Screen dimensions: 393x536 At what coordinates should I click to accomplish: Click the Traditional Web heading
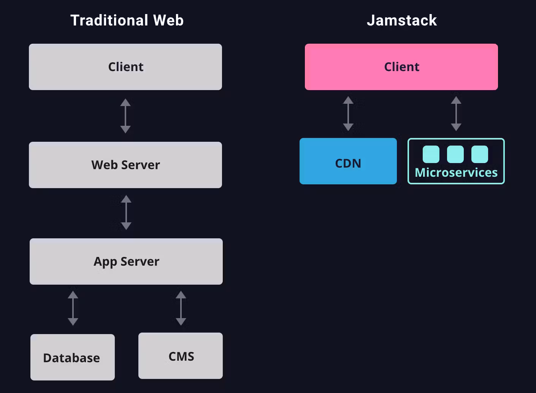[x=127, y=21]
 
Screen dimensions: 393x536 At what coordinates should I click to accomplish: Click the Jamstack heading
[x=401, y=21]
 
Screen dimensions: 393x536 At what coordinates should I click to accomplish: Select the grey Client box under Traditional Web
[x=125, y=67]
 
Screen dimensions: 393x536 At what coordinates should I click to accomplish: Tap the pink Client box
[x=401, y=67]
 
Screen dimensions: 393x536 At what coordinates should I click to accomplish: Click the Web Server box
[x=125, y=165]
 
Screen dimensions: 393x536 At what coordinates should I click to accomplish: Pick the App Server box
[x=126, y=261]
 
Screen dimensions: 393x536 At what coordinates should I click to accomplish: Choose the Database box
[x=72, y=357]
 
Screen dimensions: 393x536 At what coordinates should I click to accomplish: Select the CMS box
[x=181, y=356]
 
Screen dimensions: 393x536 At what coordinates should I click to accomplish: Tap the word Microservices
[x=456, y=173]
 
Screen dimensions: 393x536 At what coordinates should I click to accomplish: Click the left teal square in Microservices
[x=431, y=154]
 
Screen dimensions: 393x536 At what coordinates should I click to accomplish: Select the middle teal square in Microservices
[x=455, y=154]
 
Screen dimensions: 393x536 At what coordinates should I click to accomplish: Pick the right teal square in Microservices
[x=480, y=154]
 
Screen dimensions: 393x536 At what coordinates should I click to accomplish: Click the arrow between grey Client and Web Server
[x=125, y=116]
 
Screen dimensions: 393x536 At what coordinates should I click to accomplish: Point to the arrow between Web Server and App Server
[x=126, y=212]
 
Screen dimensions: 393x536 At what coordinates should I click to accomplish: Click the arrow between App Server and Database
[x=73, y=308]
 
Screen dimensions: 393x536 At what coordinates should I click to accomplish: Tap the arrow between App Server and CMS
[x=181, y=308]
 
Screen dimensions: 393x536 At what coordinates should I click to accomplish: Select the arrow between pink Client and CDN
[x=348, y=114]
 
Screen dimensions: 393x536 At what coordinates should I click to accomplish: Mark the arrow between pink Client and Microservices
[x=456, y=114]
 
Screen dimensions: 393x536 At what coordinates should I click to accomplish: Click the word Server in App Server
[x=140, y=261]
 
